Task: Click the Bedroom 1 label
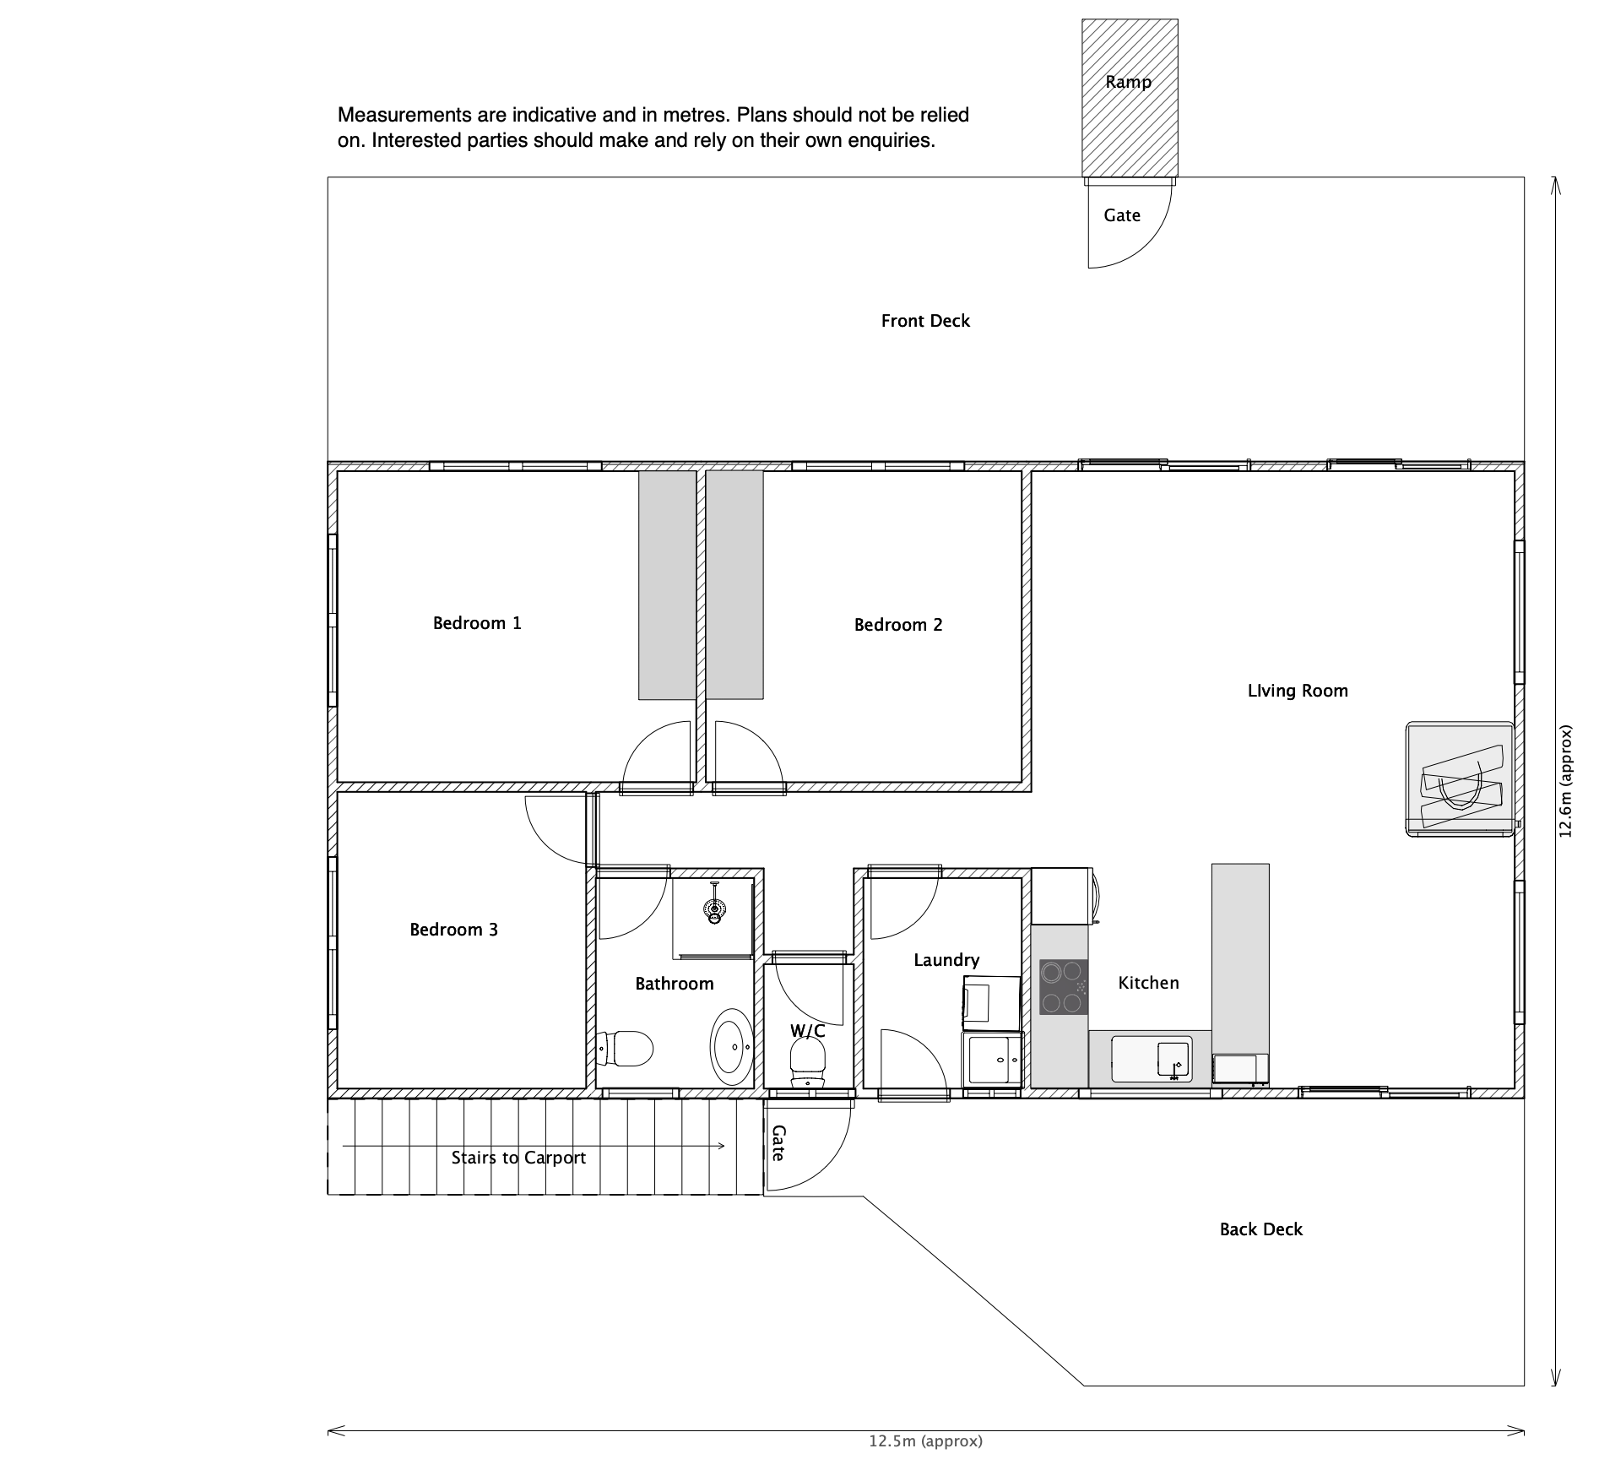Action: [x=477, y=623]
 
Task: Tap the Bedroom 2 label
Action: [x=898, y=625]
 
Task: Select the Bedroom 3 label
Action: [x=454, y=930]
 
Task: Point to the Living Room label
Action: [x=1298, y=691]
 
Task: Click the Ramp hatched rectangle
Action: [x=1130, y=98]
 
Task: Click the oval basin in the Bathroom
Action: [x=732, y=1047]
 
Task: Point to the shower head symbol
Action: [x=715, y=905]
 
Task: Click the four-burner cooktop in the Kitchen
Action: [x=1063, y=986]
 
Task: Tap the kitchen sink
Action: [x=1152, y=1059]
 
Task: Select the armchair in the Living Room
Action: [x=1460, y=779]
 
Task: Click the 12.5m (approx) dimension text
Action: [x=926, y=1441]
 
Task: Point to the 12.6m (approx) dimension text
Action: [x=1565, y=781]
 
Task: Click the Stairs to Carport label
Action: [x=518, y=1158]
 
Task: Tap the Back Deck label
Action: [x=1261, y=1229]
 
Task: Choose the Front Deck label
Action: [x=925, y=321]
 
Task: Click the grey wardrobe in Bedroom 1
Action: [x=667, y=585]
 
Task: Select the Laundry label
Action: [x=946, y=960]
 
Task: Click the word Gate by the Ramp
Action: [x=1122, y=215]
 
